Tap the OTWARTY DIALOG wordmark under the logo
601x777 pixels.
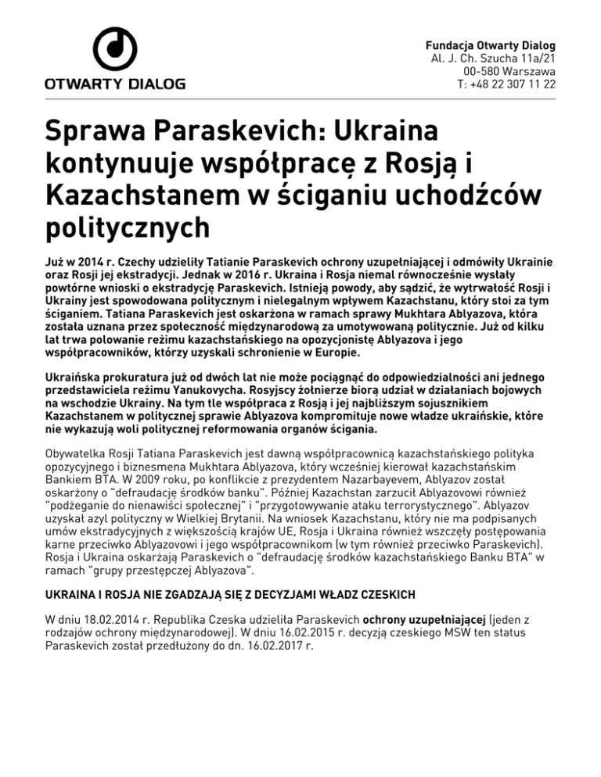tap(114, 83)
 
